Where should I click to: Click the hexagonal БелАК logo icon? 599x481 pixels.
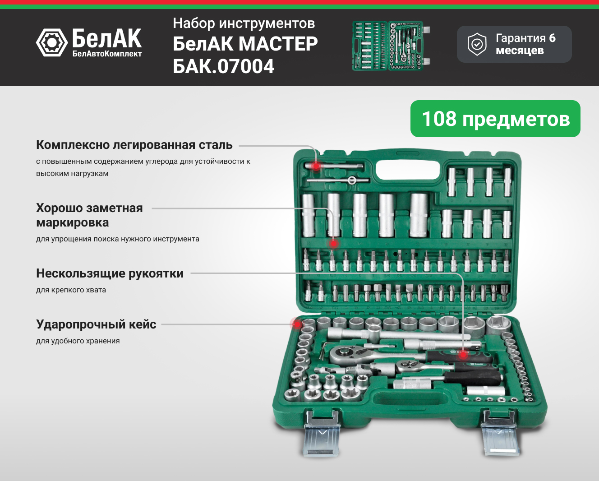pyautogui.click(x=52, y=42)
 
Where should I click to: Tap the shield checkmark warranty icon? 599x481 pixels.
pyautogui.click(x=477, y=44)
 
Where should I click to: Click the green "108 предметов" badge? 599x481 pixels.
pyautogui.click(x=495, y=119)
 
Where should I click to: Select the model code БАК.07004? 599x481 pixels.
pyautogui.click(x=224, y=66)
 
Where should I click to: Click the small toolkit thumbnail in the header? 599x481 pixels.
pyautogui.click(x=391, y=46)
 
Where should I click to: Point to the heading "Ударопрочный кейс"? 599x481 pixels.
pyautogui.click(x=96, y=324)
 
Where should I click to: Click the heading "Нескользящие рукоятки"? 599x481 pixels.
pyautogui.click(x=110, y=273)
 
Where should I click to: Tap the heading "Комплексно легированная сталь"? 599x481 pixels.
pyautogui.click(x=134, y=145)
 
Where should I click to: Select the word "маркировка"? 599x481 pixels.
pyautogui.click(x=72, y=222)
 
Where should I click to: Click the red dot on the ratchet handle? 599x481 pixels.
pyautogui.click(x=463, y=355)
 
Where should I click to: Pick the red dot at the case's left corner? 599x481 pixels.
pyautogui.click(x=297, y=324)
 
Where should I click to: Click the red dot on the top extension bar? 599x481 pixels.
pyautogui.click(x=316, y=166)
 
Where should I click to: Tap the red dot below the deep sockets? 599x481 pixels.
pyautogui.click(x=333, y=244)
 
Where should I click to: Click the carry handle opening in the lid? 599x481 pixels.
pyautogui.click(x=407, y=170)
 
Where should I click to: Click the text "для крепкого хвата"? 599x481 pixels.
pyautogui.click(x=71, y=290)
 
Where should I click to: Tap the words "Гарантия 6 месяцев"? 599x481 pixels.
pyautogui.click(x=525, y=44)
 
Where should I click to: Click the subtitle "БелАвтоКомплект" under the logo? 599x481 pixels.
pyautogui.click(x=107, y=54)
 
